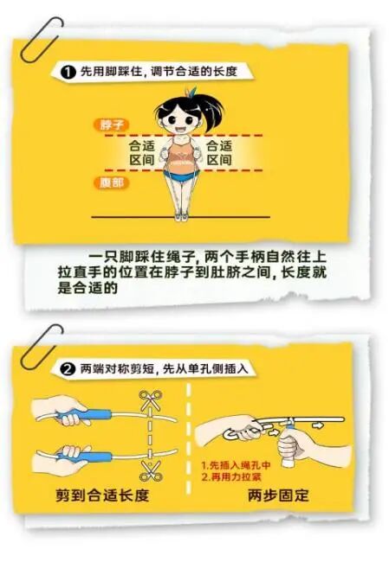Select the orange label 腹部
click(107, 182)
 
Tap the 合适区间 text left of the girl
click(141, 153)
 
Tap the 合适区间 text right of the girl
click(219, 153)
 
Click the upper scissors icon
click(150, 403)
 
